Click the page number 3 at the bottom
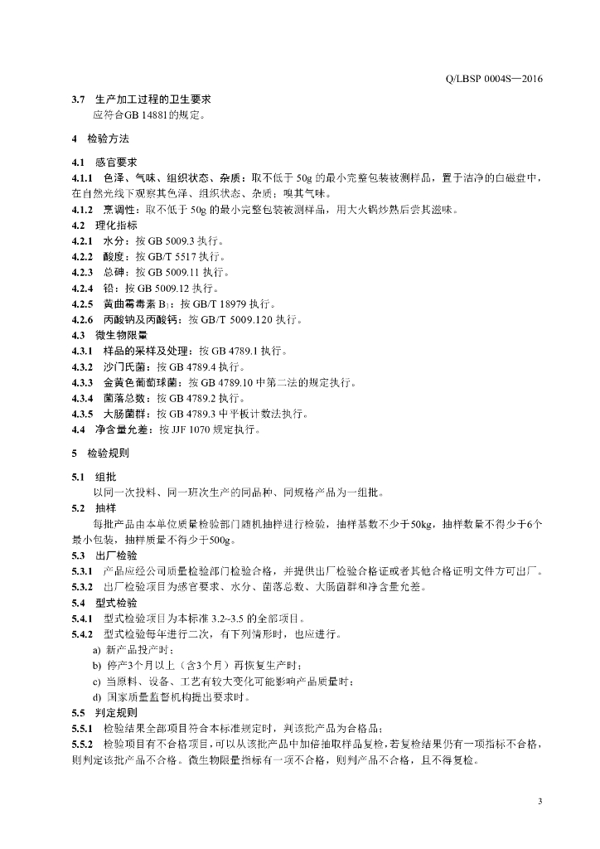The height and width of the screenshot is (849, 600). [x=540, y=801]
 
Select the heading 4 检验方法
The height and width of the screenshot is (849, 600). [x=100, y=138]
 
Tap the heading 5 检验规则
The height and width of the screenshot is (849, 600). [x=100, y=454]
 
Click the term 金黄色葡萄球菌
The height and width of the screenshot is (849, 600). [x=140, y=382]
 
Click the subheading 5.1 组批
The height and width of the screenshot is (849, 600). [x=94, y=477]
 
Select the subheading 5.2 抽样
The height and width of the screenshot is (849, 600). [x=94, y=508]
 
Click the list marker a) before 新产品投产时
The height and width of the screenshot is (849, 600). [x=97, y=649]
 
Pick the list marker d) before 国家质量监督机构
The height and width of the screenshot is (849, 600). [x=97, y=696]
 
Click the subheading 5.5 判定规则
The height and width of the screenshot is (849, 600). [x=104, y=712]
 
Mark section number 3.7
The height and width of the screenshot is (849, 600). [x=78, y=99]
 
